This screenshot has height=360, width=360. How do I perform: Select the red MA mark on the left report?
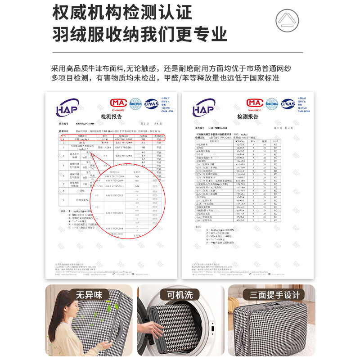tap(118, 103)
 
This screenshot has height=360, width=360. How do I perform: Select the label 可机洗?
tap(180, 295)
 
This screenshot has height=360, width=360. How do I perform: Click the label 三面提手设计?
tap(271, 295)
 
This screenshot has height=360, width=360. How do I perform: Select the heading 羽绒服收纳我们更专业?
tap(139, 34)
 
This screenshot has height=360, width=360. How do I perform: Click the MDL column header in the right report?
tap(254, 141)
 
